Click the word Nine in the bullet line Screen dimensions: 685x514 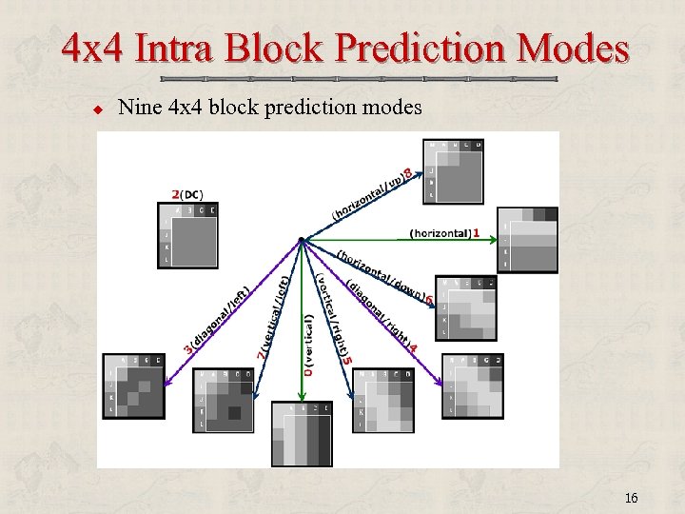(x=139, y=108)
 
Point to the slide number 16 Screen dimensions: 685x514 (x=631, y=498)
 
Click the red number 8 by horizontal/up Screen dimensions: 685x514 (x=407, y=174)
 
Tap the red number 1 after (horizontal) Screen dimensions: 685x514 (x=476, y=233)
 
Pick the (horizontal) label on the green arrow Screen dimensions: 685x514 (x=440, y=233)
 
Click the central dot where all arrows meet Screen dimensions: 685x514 (x=301, y=239)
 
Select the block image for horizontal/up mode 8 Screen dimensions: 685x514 (x=455, y=171)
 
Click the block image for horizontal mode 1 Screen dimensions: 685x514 (x=527, y=239)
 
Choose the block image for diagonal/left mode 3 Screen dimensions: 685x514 (x=133, y=385)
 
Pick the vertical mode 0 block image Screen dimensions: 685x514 (x=302, y=433)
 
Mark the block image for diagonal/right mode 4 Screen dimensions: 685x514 (x=473, y=385)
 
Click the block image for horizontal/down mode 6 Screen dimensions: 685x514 (x=466, y=307)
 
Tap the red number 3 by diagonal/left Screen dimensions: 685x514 (x=187, y=349)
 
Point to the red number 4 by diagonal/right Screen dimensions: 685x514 (x=412, y=348)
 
